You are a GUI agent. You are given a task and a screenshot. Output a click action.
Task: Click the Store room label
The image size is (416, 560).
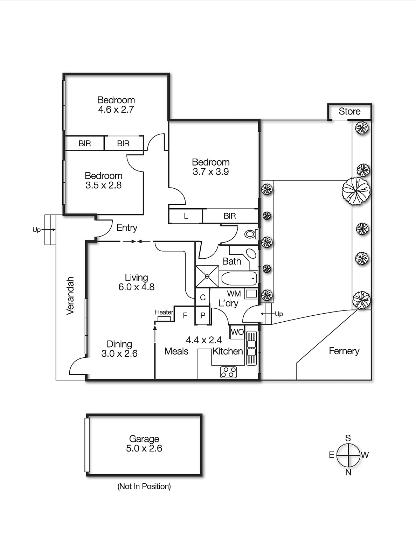coord(349,111)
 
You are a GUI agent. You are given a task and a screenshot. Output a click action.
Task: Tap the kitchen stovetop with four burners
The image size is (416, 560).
coord(228,372)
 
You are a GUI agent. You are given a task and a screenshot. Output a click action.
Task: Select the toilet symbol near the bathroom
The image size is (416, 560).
coord(250,234)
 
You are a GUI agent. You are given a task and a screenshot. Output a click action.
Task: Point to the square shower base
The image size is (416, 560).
coord(207,276)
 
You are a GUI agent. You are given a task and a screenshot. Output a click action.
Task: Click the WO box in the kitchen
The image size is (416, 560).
coord(237,332)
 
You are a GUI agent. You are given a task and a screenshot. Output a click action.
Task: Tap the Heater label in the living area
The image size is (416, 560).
coord(164,312)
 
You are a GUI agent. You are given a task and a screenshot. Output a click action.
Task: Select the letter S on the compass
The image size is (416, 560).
coord(348,438)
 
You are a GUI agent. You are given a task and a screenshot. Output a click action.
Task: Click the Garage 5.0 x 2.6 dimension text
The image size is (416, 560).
coord(144,448)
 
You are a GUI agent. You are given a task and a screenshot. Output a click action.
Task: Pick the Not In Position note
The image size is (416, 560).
coord(144,486)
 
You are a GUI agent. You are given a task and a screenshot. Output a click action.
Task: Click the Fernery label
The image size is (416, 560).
coord(344,351)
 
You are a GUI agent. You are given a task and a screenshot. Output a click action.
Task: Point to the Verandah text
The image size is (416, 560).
coord(70,296)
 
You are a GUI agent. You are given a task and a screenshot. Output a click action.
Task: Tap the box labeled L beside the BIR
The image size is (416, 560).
coord(186,216)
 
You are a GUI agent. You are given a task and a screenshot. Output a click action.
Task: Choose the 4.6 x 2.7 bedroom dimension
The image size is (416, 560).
coord(116,110)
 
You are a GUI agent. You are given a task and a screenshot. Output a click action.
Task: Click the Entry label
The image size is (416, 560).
coord(127,227)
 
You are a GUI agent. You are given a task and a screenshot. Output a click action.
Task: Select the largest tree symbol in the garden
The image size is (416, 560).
coord(356,191)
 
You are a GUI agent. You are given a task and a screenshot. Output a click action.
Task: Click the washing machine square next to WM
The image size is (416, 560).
coord(251,294)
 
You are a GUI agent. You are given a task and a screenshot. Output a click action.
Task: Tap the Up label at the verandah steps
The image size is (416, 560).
coord(36,230)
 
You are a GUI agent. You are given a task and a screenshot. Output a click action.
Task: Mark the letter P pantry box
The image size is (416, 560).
coord(202,315)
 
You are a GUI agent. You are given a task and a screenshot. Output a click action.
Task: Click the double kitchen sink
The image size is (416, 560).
coord(251,348)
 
